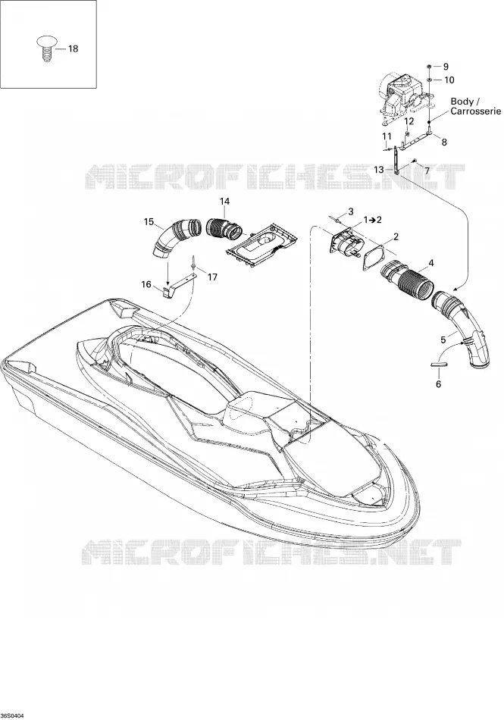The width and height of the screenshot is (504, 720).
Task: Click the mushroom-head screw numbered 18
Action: pyautogui.click(x=45, y=49)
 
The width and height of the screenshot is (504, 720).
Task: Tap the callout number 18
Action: pyautogui.click(x=73, y=49)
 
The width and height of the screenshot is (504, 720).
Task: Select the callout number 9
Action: pyautogui.click(x=445, y=67)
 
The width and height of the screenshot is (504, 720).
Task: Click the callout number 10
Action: pyautogui.click(x=449, y=80)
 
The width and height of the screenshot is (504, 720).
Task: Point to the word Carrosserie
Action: pyautogui.click(x=475, y=111)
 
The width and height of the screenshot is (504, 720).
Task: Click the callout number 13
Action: pyautogui.click(x=378, y=170)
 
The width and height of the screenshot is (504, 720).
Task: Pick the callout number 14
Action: pyautogui.click(x=224, y=201)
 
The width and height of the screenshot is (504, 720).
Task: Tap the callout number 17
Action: pyautogui.click(x=212, y=277)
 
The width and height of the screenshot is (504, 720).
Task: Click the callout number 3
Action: pyautogui.click(x=351, y=211)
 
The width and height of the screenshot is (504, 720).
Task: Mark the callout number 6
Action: pyautogui.click(x=438, y=383)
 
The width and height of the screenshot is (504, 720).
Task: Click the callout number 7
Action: pyautogui.click(x=427, y=171)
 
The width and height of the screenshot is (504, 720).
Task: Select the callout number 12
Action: pyautogui.click(x=409, y=121)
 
